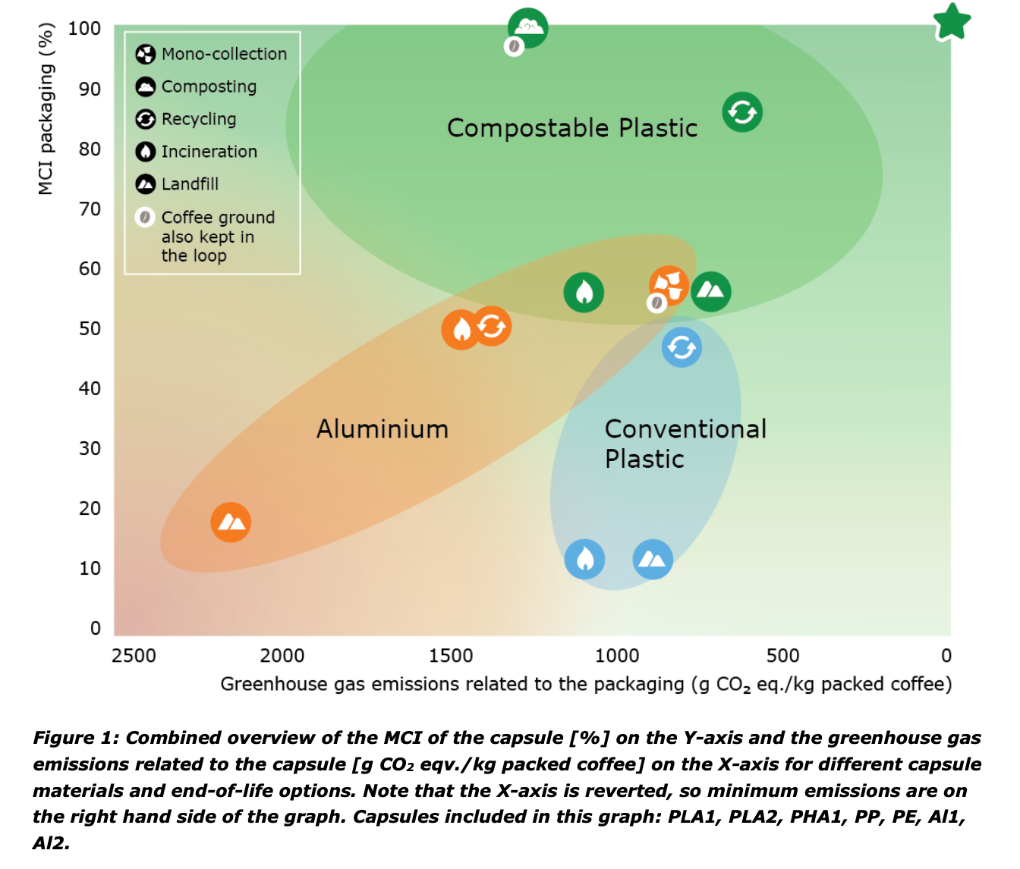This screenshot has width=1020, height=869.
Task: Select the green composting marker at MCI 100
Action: [527, 28]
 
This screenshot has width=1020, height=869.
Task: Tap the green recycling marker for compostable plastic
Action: [742, 112]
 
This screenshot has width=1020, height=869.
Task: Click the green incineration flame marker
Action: [584, 292]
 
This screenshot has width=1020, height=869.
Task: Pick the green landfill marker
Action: [711, 291]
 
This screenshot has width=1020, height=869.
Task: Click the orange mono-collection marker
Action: [669, 285]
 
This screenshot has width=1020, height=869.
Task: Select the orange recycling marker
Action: [492, 326]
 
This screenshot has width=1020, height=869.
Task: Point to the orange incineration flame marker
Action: [461, 330]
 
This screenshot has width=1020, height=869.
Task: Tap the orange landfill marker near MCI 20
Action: [231, 522]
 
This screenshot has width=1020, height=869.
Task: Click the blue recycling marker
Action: [682, 347]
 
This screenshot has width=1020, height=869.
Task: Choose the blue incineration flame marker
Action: [584, 560]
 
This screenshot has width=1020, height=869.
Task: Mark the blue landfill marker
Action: [653, 560]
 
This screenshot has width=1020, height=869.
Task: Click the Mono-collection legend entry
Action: [212, 54]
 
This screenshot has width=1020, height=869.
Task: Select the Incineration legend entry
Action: [197, 152]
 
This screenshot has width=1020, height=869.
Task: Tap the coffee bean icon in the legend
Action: [145, 218]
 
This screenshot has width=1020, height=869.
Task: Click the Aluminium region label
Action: [382, 429]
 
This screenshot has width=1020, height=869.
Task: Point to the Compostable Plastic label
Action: [572, 128]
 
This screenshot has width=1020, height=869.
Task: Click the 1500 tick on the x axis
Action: [451, 656]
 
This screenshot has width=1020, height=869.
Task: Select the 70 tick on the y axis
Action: [90, 209]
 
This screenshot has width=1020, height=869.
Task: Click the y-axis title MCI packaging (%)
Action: [46, 109]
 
